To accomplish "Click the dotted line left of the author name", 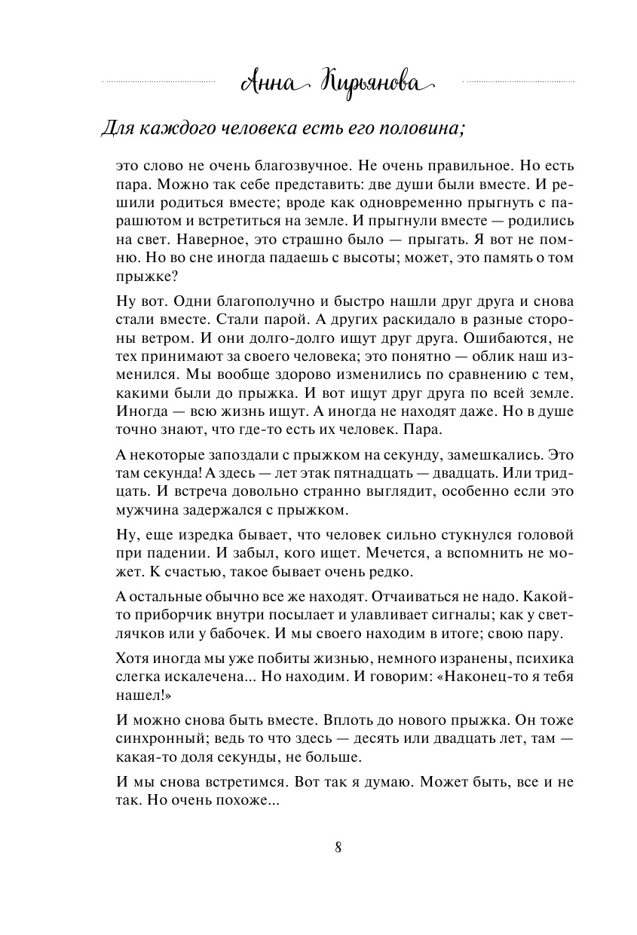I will (x=158, y=81).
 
